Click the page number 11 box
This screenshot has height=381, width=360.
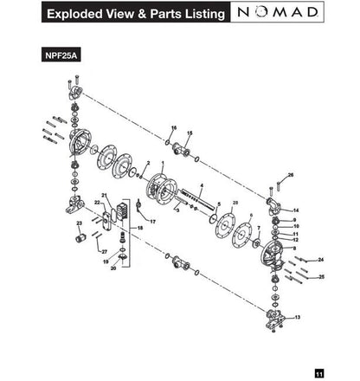319,372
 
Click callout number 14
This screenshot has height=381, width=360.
296,210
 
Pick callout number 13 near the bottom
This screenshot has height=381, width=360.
298,318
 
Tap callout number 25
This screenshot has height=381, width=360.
322,277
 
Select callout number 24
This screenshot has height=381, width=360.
320,259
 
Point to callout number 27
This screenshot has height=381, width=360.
104,251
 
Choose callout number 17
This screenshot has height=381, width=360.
152,222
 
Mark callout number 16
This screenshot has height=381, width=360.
173,128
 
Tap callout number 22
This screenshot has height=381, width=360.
98,202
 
